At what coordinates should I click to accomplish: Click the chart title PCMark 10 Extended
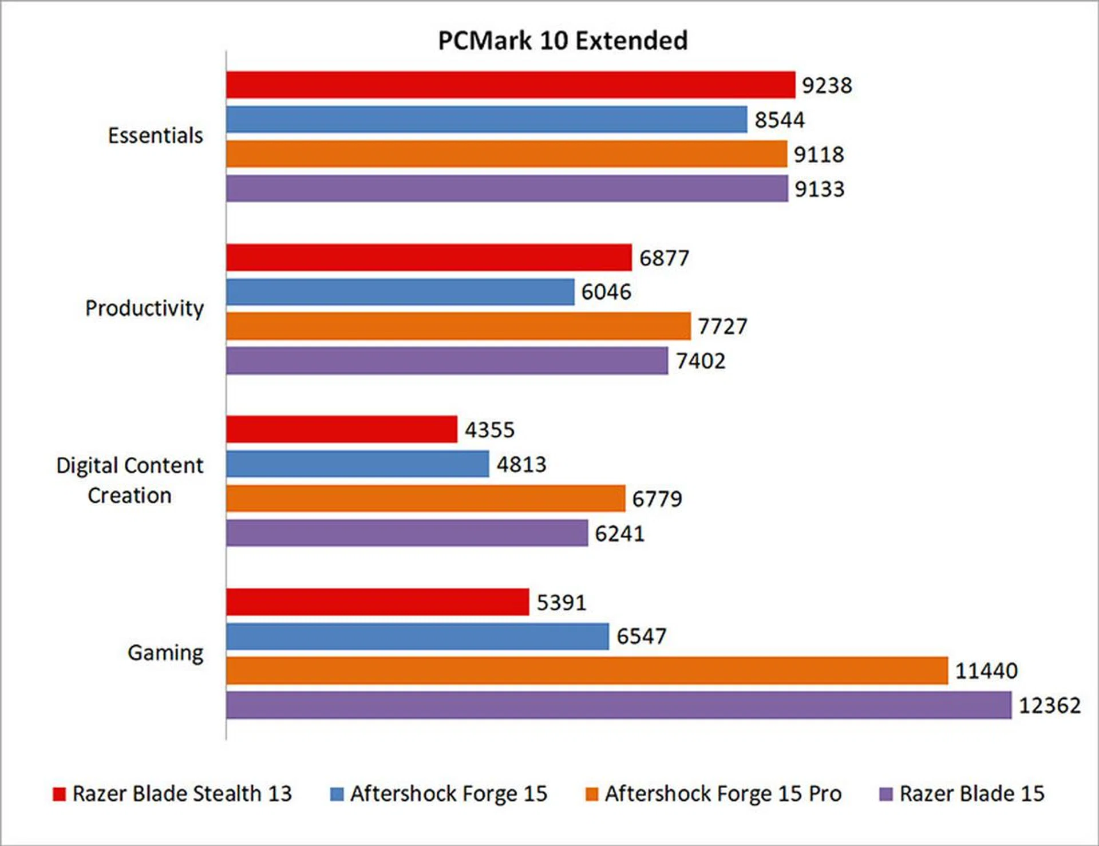click(x=563, y=41)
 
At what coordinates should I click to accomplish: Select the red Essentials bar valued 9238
click(x=510, y=85)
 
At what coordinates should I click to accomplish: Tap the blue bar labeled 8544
click(x=486, y=119)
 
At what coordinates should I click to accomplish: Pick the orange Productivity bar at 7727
click(x=458, y=326)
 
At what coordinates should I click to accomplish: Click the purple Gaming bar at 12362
click(x=618, y=705)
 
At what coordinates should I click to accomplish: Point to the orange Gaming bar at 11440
click(x=587, y=670)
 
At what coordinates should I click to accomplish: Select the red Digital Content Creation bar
click(x=341, y=429)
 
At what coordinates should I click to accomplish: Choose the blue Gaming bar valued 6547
click(x=417, y=636)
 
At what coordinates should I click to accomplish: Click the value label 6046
click(x=606, y=292)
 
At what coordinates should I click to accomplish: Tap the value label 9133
click(x=819, y=189)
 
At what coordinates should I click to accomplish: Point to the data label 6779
click(x=657, y=499)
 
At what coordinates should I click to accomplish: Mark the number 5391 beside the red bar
click(x=562, y=602)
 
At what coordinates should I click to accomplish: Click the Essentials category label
click(x=156, y=136)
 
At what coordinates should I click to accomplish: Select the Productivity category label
click(x=144, y=309)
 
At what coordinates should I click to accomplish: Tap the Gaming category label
click(x=165, y=653)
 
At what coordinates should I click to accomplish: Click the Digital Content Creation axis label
click(x=130, y=480)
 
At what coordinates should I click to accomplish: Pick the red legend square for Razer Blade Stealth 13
click(x=59, y=794)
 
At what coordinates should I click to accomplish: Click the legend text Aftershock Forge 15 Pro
click(x=723, y=794)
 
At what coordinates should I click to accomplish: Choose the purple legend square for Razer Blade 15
click(x=885, y=794)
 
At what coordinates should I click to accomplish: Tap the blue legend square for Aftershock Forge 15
click(x=337, y=794)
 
